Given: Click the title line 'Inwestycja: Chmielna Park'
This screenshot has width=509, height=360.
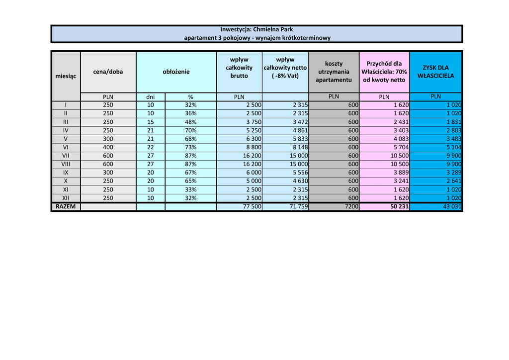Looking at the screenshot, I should [x=256, y=29].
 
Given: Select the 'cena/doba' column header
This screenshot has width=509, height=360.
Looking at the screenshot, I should [x=108, y=72].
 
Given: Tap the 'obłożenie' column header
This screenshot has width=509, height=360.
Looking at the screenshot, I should [x=176, y=72].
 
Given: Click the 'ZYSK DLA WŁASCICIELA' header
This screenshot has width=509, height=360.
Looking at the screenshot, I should [x=435, y=72].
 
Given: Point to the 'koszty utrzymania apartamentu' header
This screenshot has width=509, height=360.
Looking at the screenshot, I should [x=334, y=72].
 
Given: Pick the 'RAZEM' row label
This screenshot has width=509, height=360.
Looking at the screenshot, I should [x=66, y=206].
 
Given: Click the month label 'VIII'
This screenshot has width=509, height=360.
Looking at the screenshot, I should [x=66, y=164].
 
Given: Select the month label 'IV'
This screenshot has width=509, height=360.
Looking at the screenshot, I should [x=66, y=130].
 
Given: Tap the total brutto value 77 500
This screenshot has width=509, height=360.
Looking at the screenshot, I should [x=252, y=206].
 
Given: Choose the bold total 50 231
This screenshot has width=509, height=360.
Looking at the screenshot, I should [x=399, y=206].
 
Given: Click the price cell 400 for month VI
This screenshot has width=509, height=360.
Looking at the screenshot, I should [x=108, y=147].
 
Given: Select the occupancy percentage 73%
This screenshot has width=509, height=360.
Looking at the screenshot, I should [x=190, y=147].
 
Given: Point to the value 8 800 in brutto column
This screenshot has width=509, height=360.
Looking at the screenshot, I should [x=252, y=147].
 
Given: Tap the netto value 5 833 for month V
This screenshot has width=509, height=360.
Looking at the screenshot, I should [x=300, y=139].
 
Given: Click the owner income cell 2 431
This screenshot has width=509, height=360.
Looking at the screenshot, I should [x=400, y=122].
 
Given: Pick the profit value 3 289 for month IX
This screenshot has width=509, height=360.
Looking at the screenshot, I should [x=452, y=173].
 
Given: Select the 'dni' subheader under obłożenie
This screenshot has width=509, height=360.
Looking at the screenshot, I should [x=151, y=97].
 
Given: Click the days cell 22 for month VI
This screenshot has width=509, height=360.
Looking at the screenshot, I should [x=151, y=147].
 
